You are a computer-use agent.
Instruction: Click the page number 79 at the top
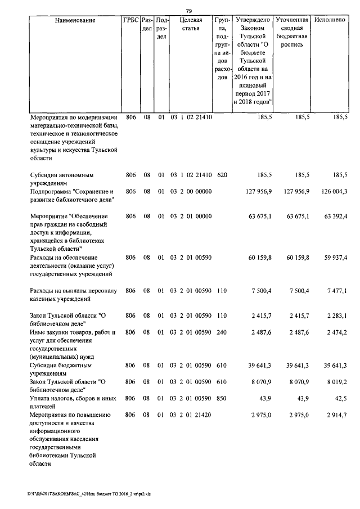point(189,11)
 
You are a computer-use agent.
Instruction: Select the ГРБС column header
point(130,20)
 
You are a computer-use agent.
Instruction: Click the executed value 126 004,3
point(334,192)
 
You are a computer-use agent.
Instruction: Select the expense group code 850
point(222,399)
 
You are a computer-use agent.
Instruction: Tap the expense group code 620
point(222,175)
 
